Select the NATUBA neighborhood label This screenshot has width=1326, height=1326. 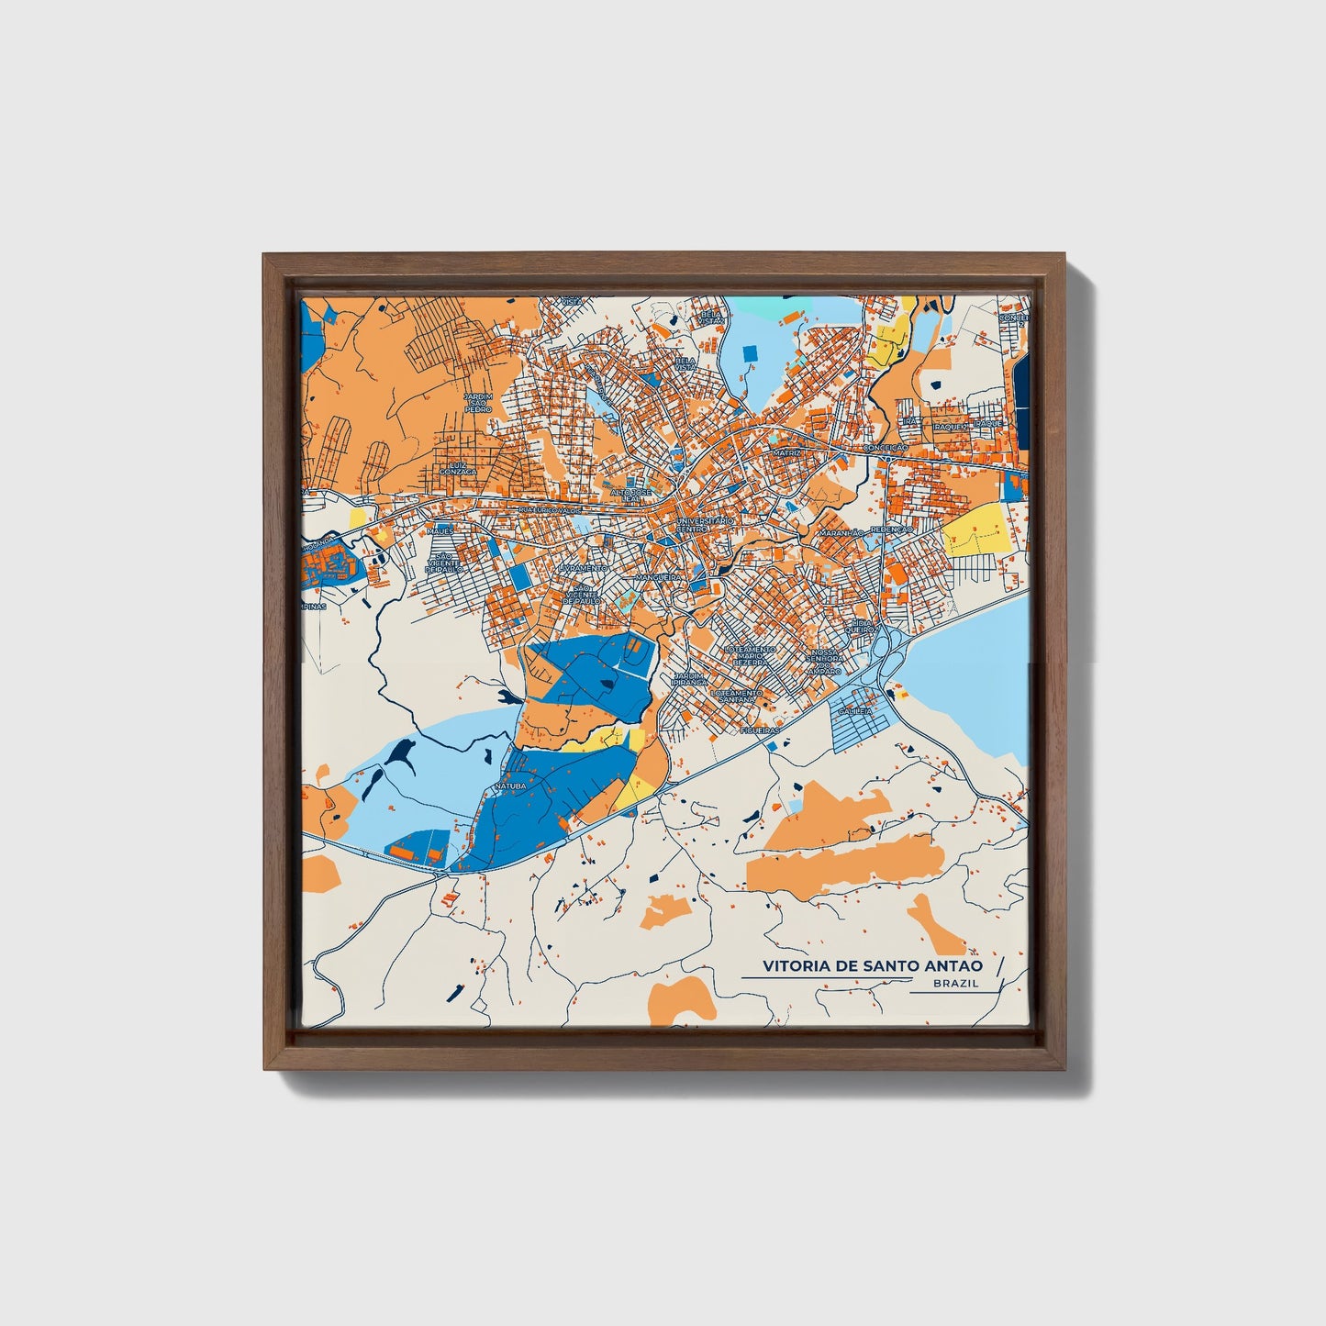[x=510, y=786]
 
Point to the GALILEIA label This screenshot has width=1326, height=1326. [x=853, y=710]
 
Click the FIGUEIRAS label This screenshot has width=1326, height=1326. [x=761, y=730]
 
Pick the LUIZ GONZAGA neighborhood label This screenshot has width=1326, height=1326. [x=458, y=468]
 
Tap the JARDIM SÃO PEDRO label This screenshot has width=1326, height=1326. [x=478, y=403]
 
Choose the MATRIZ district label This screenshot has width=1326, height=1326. [x=786, y=452]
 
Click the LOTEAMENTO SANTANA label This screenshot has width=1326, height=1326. [x=736, y=695]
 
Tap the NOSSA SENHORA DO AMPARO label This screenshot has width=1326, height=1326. [x=823, y=662]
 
